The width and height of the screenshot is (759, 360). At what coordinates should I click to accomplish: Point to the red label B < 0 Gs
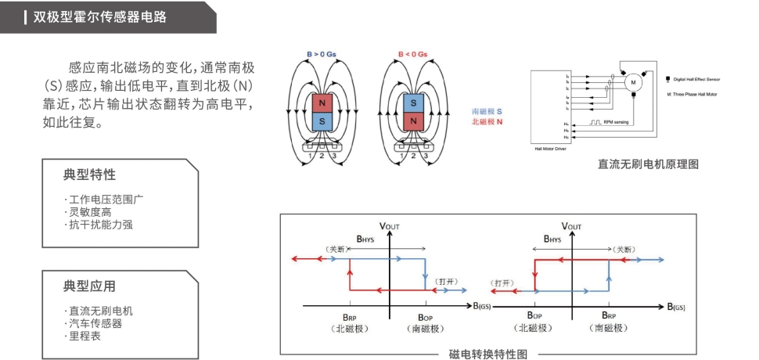pyautogui.click(x=412, y=54)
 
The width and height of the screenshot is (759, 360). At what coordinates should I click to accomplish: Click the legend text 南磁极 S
pyautogui.click(x=487, y=113)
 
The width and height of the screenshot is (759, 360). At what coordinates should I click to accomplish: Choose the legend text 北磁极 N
pyautogui.click(x=487, y=123)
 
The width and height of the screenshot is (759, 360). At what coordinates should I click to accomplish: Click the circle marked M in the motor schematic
pyautogui.click(x=632, y=81)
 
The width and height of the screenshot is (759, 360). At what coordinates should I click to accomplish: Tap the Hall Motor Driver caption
pyautogui.click(x=549, y=147)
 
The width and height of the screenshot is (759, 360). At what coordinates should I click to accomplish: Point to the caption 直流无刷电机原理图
pyautogui.click(x=647, y=164)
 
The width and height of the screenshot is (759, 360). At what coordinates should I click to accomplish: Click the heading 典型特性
pyautogui.click(x=89, y=174)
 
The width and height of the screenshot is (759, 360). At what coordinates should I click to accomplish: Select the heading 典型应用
pyautogui.click(x=89, y=286)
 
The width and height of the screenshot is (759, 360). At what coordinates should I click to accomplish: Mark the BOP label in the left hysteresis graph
pyautogui.click(x=426, y=317)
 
